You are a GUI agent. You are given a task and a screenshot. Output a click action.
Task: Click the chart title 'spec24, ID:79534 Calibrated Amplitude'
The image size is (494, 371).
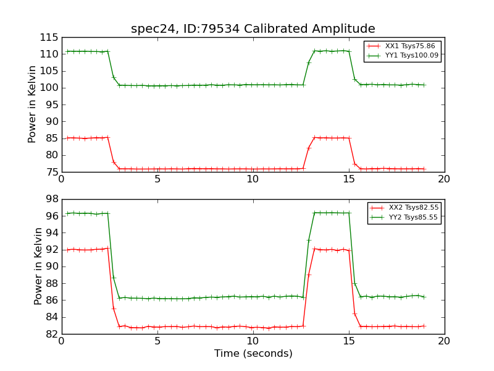(253, 29)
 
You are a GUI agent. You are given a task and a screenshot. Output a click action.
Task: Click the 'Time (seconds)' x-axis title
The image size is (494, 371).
(253, 354)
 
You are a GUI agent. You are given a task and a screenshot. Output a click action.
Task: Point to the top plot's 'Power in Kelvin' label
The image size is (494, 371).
(33, 104)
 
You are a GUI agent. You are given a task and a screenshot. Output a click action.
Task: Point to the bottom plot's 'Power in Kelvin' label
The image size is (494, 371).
(39, 267)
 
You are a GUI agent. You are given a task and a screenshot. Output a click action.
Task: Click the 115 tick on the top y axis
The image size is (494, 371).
(49, 38)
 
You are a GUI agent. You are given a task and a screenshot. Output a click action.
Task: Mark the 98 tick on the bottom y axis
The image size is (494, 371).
(52, 200)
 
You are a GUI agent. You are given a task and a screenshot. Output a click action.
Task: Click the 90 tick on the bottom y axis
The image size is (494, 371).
(52, 267)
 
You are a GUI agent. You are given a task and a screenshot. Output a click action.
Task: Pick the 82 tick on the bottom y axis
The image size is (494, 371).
(52, 335)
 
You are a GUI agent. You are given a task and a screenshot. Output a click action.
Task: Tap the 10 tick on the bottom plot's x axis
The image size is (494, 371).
(253, 341)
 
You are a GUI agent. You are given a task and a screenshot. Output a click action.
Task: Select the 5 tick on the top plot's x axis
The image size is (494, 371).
(157, 179)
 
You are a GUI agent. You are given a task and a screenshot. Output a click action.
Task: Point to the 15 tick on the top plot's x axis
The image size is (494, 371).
(349, 179)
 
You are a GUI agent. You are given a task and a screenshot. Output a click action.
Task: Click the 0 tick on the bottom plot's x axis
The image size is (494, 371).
(62, 341)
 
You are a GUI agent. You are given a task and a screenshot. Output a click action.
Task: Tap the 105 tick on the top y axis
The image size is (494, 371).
(49, 71)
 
